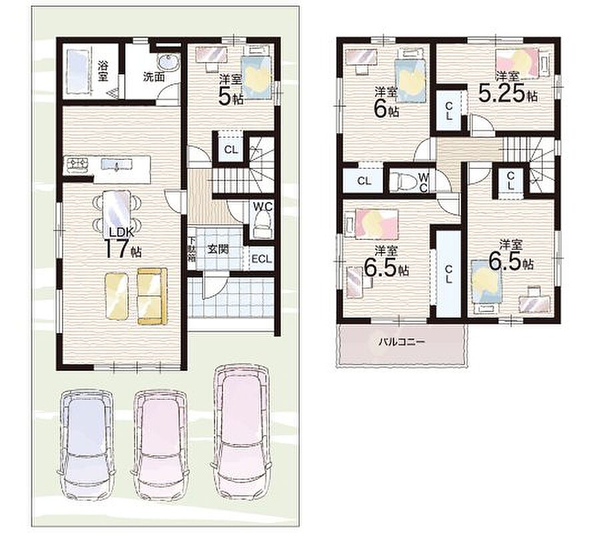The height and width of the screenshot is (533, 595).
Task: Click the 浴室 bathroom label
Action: tap(102, 71)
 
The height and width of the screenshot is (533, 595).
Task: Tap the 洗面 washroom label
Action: tap(154, 77)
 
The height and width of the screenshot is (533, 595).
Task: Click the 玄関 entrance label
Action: tap(218, 250)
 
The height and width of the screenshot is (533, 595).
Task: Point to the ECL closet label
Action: tap(262, 259)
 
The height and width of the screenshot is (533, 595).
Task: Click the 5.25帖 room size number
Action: tap(507, 93)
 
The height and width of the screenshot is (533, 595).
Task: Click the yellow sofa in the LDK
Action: tap(152, 296)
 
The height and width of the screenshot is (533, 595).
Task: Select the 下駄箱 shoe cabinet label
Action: tap(192, 249)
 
